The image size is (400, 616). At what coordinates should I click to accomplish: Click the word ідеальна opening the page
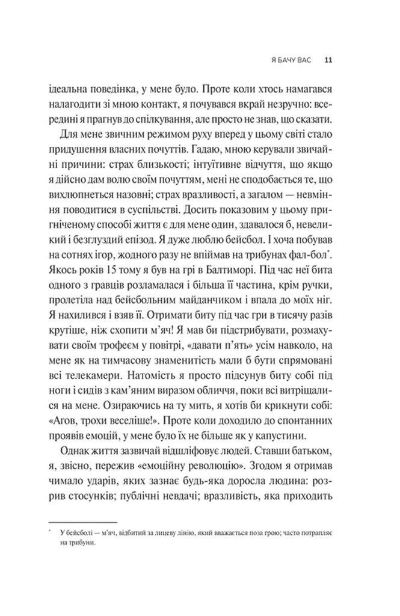point(67,88)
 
